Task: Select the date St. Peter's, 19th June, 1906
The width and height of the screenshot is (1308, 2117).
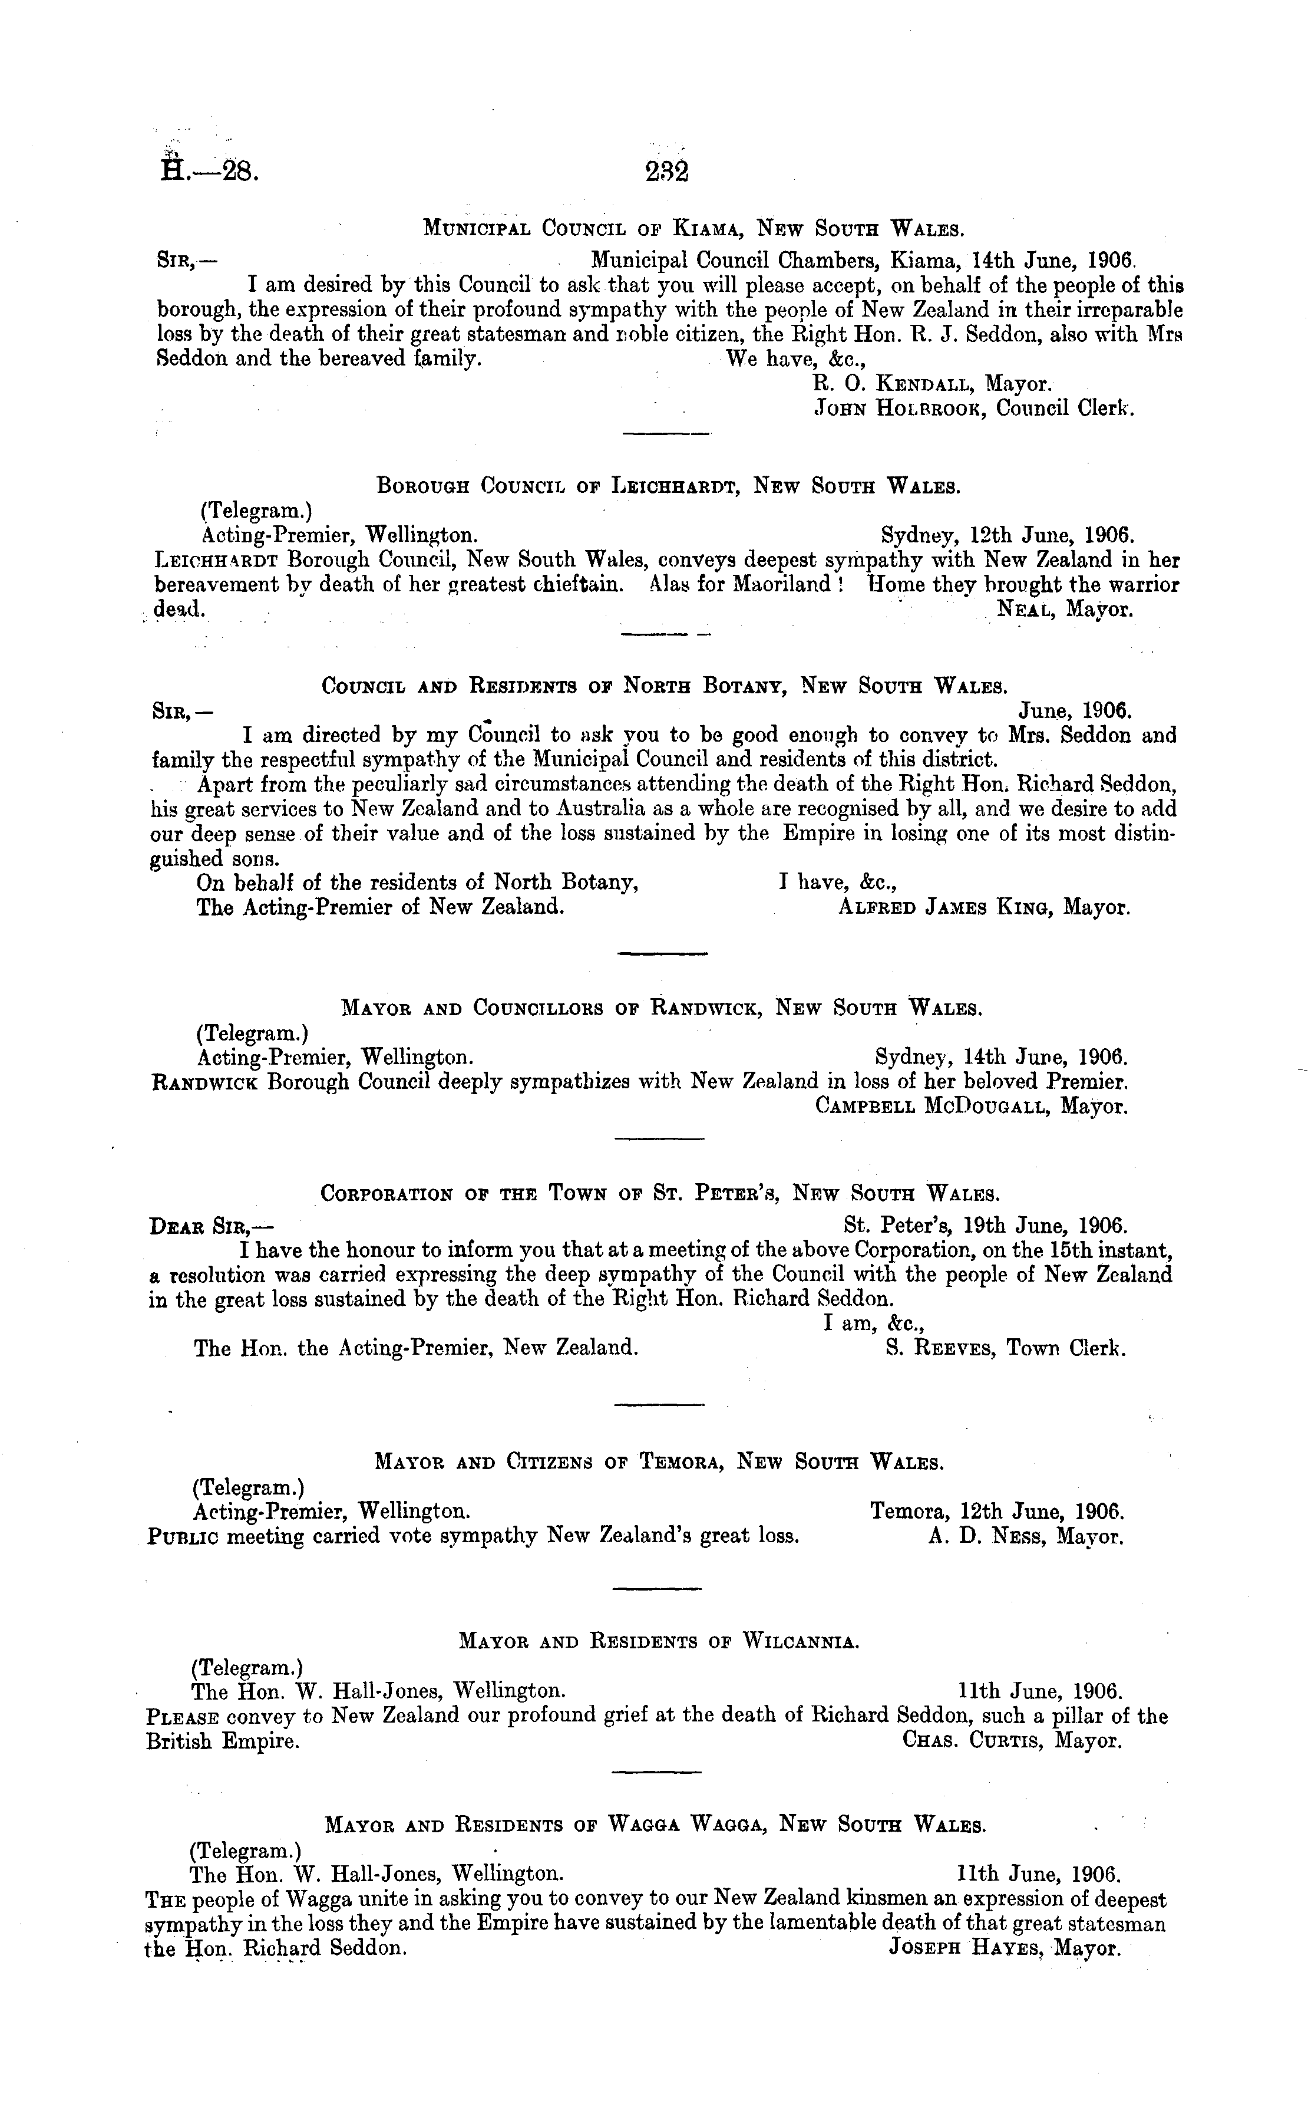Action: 985,1226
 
